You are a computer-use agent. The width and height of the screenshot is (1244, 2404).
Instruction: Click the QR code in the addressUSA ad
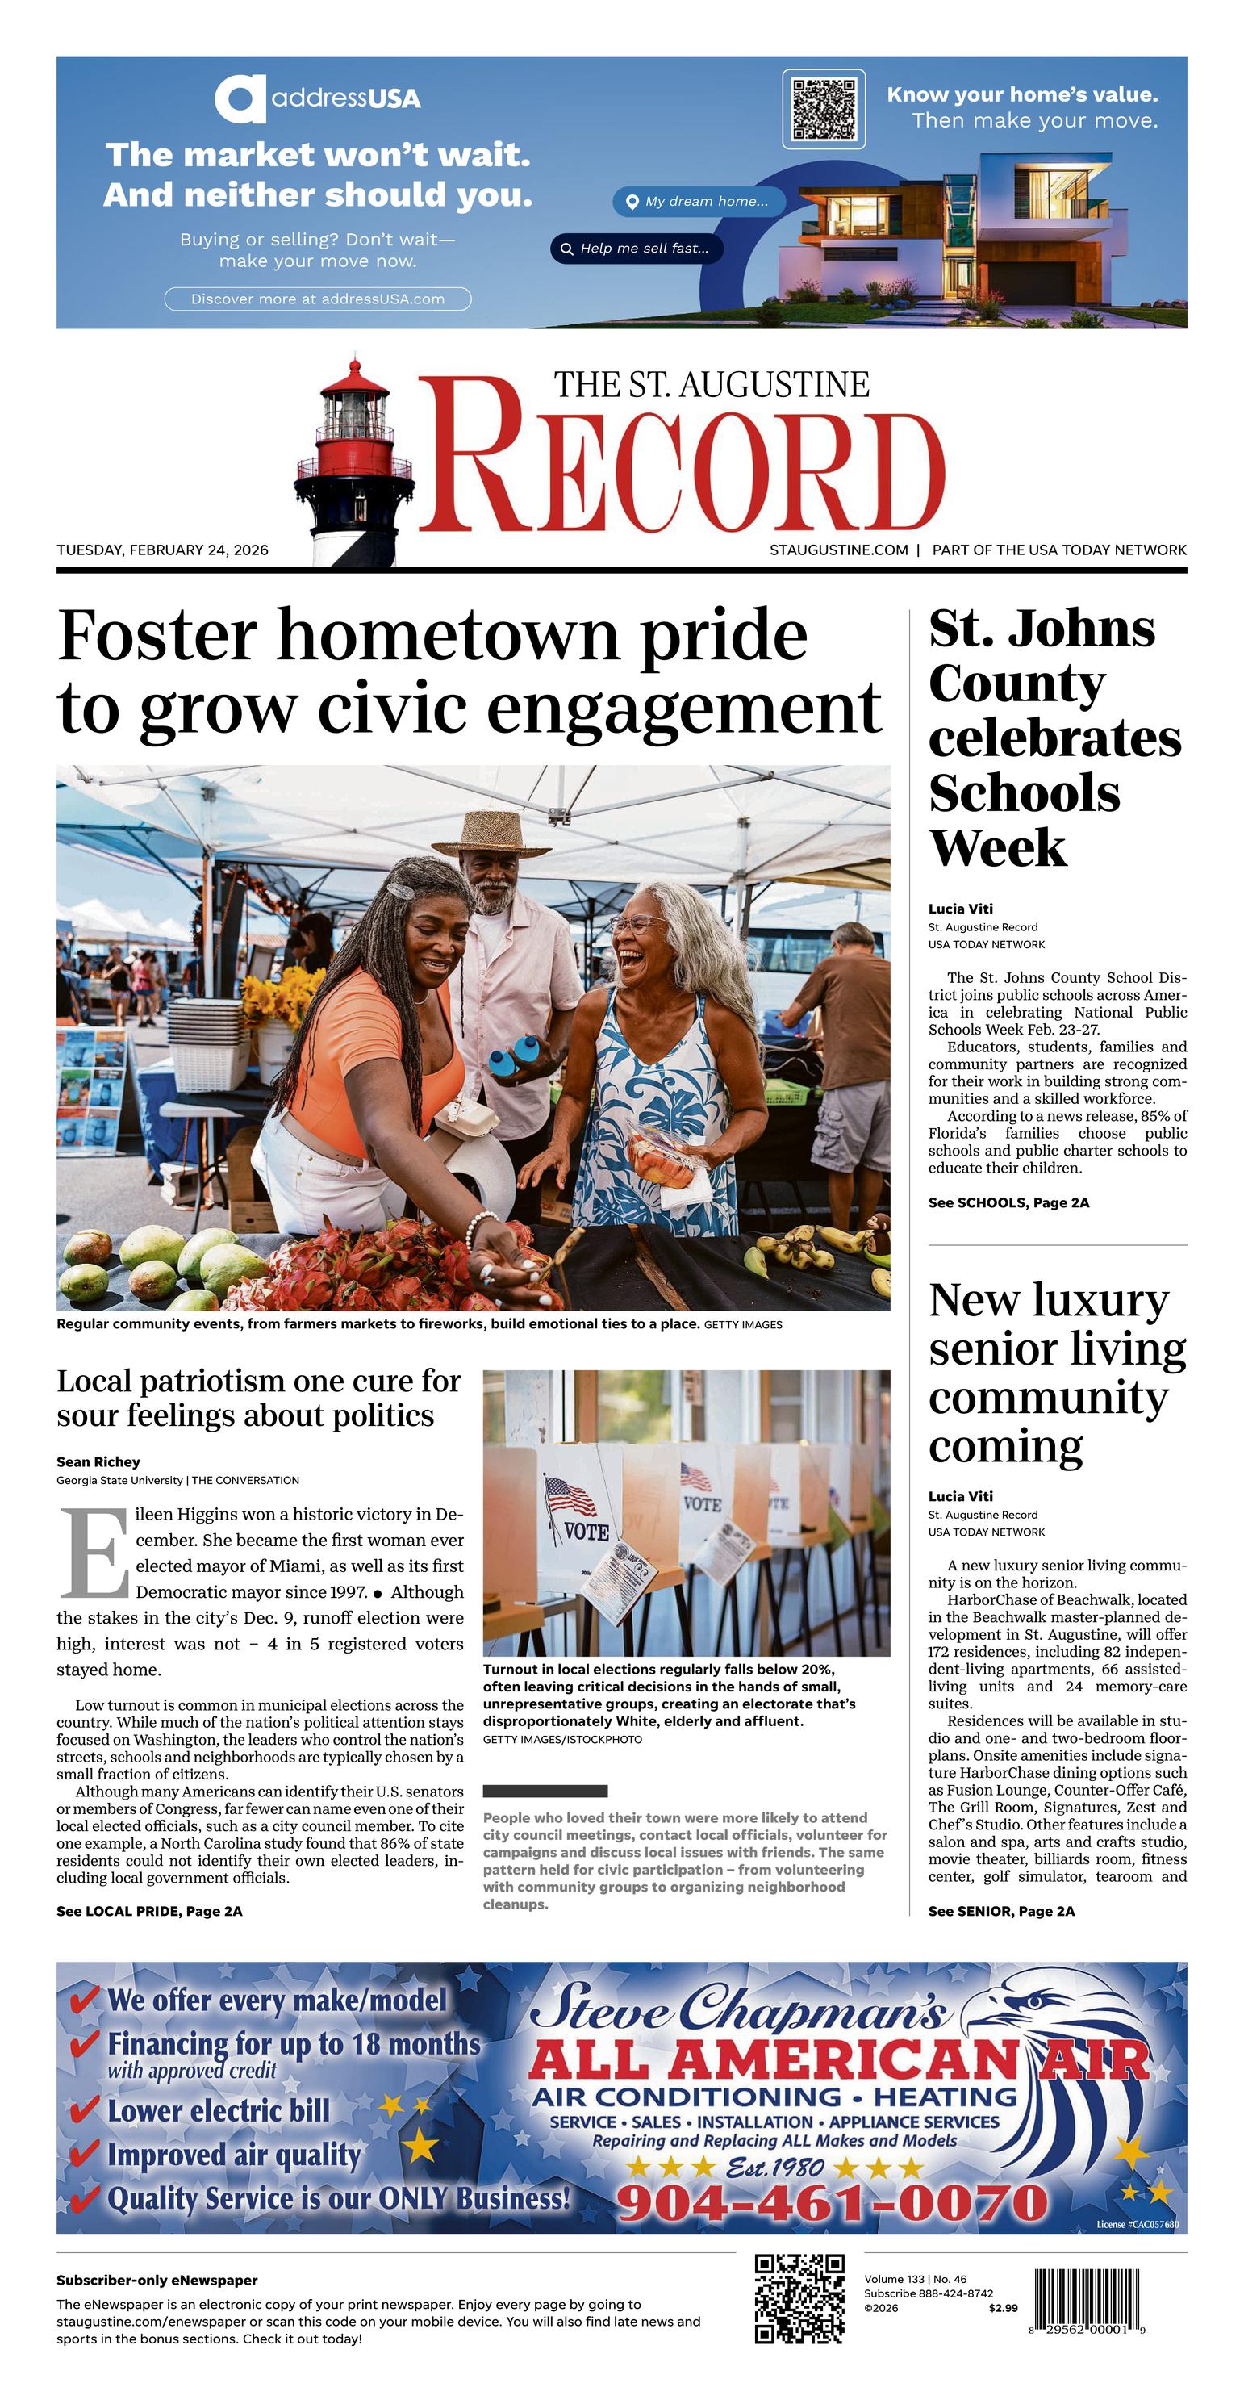point(823,109)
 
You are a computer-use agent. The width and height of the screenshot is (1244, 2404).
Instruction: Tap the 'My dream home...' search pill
point(699,202)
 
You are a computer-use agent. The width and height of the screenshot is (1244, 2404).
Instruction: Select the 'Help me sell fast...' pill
point(637,249)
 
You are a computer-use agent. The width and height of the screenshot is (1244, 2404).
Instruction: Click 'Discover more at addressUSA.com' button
point(317,299)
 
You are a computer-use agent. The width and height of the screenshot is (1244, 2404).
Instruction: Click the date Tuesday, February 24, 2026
point(162,550)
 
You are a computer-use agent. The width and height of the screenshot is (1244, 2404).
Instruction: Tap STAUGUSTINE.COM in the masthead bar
point(838,550)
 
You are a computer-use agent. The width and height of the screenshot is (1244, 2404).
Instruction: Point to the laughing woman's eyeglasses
point(637,923)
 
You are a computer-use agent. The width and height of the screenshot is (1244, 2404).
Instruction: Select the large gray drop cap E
point(94,1553)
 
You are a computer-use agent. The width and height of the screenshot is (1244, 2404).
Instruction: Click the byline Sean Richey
point(98,1461)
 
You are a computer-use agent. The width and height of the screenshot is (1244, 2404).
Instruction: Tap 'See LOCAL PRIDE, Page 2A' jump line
point(149,1910)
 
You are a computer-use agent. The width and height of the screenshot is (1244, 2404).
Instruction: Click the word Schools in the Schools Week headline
point(1024,793)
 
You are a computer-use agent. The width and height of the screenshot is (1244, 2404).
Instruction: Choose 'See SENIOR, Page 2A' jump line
point(1001,1910)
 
